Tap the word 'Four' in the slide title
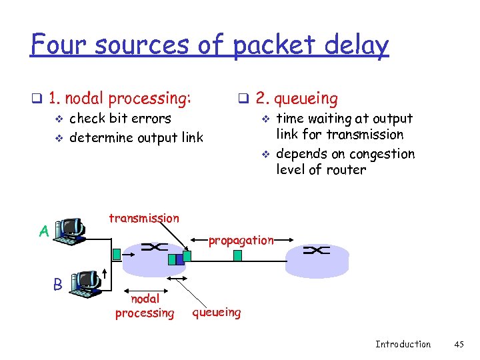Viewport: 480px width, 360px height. click(x=61, y=45)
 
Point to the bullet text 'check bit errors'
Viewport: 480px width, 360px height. click(x=120, y=119)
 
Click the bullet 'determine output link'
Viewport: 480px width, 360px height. click(x=136, y=138)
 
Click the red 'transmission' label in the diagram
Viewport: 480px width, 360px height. click(x=144, y=218)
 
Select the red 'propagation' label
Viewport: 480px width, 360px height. click(x=241, y=240)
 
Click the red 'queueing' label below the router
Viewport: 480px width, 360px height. click(x=216, y=311)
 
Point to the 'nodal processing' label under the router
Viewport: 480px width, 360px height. click(x=145, y=306)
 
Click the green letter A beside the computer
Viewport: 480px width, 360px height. click(x=44, y=231)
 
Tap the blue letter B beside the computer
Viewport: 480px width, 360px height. click(x=58, y=284)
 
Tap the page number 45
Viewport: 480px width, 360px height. click(x=458, y=344)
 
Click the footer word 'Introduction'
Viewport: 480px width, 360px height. click(x=403, y=344)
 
